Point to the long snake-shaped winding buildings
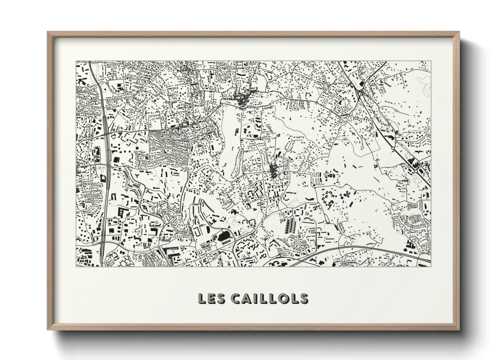[x=131, y=185]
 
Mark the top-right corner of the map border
[x=430, y=62]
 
